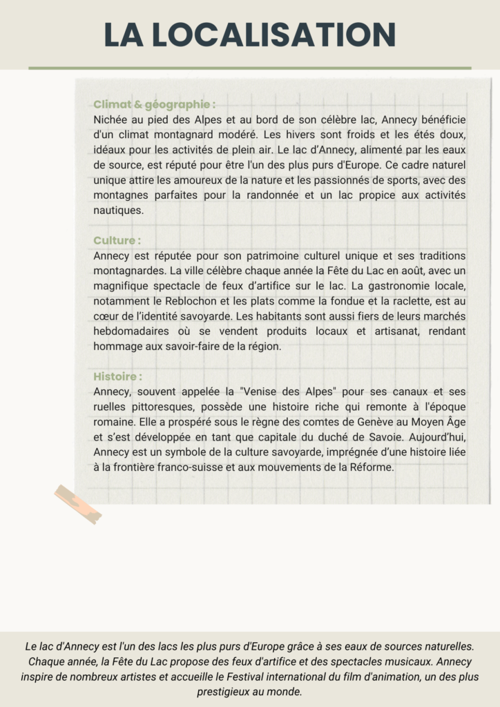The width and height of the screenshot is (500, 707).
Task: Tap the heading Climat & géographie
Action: [x=153, y=105]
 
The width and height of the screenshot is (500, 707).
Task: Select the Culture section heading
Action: [x=117, y=241]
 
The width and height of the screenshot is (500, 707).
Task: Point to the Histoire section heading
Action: [x=117, y=377]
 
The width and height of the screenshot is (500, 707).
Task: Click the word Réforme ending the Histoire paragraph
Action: [x=372, y=467]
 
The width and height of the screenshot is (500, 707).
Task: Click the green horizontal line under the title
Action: [x=249, y=68]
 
